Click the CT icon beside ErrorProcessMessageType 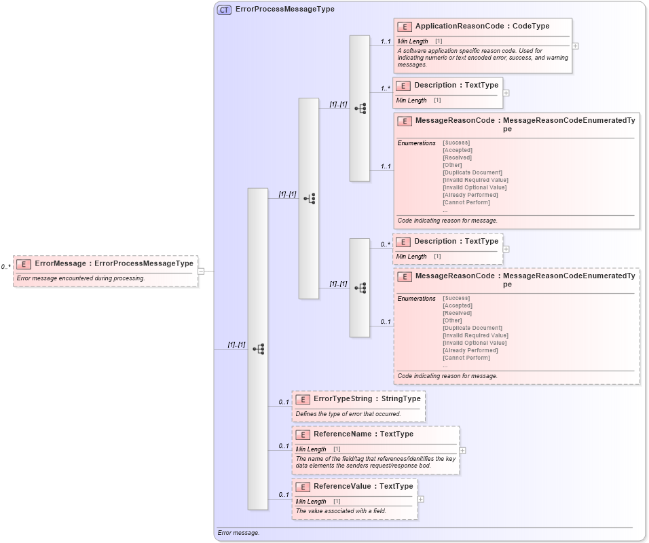224,10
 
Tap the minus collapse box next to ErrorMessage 201,271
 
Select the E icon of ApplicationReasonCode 405,26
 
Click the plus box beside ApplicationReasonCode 576,46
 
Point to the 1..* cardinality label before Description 385,88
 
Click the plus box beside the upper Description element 506,93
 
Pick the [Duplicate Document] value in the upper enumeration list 472,172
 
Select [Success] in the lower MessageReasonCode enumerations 456,298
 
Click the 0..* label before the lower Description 385,244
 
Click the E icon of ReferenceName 303,434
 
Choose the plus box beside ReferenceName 462,450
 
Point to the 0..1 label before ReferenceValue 284,494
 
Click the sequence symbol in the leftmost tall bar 258,349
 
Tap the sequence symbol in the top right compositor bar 360,108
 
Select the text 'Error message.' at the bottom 239,533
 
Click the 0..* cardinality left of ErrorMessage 5,267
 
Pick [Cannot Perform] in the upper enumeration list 466,202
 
